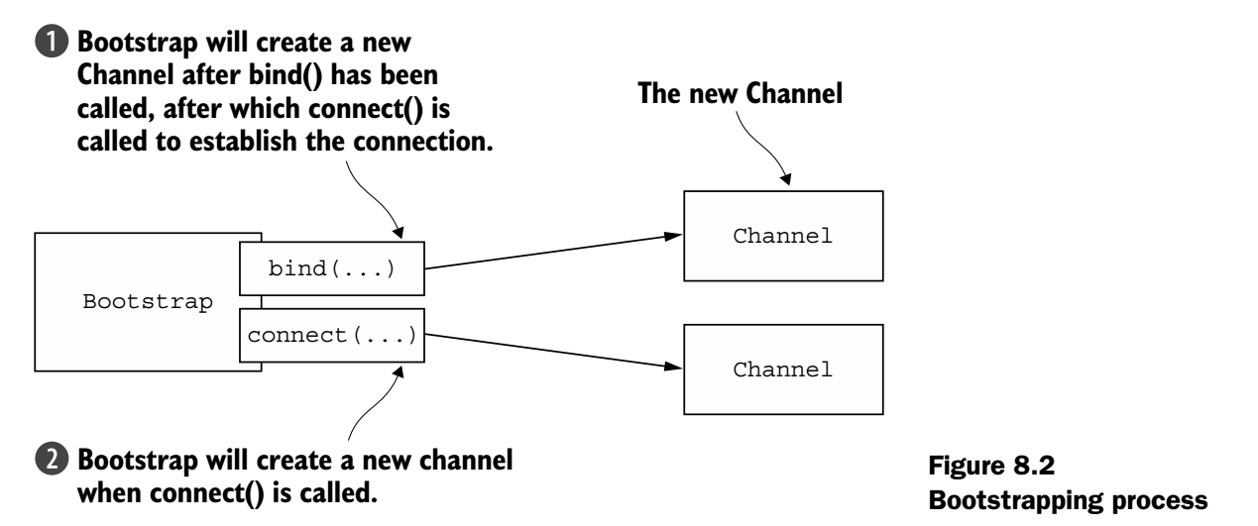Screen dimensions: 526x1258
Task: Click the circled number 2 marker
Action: point(58,463)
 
